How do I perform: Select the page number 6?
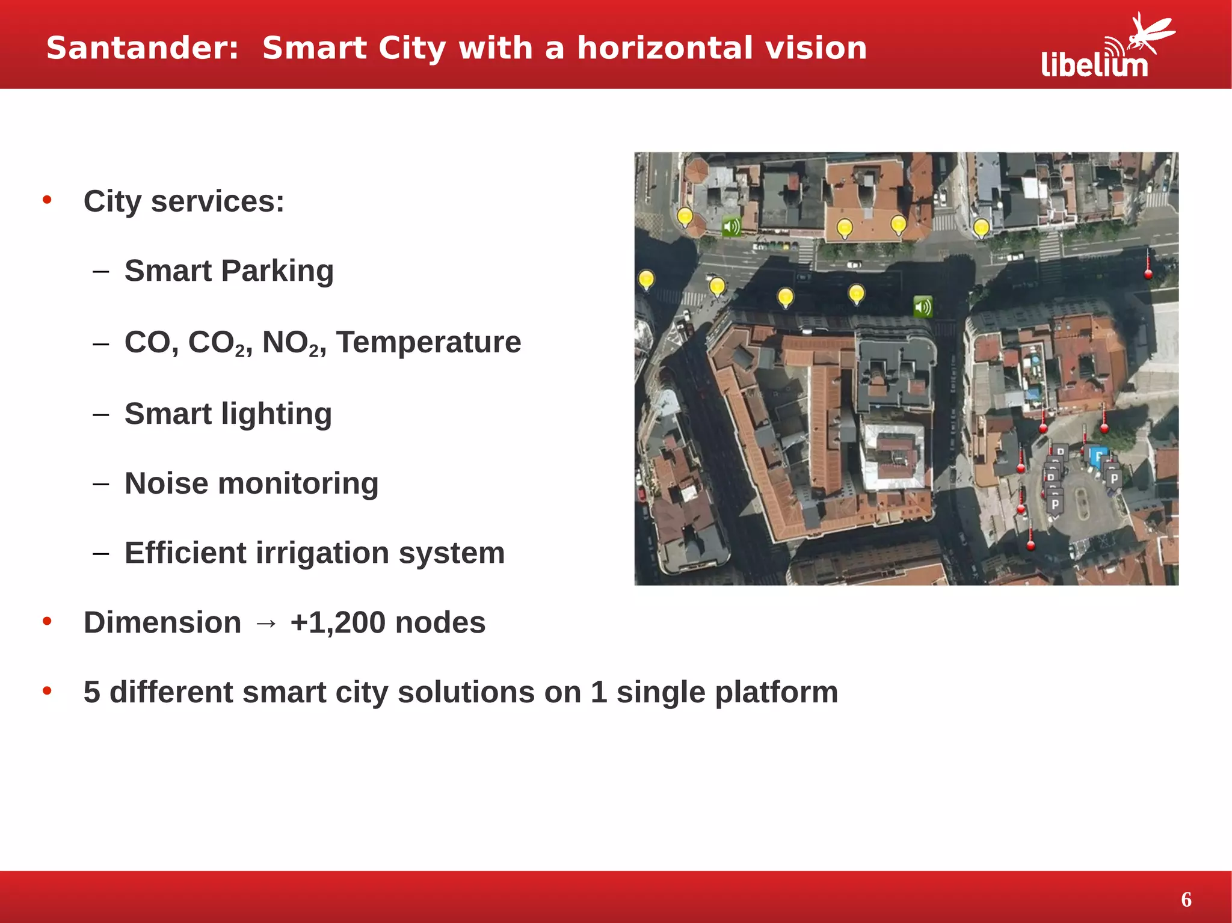1186,900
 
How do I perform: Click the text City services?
183,201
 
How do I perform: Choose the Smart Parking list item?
229,271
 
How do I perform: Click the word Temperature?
428,342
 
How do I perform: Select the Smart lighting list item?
228,414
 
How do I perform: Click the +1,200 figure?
337,622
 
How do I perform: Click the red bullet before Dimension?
47,621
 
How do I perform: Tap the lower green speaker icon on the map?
923,307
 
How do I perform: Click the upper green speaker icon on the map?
731,227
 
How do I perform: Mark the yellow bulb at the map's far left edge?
646,280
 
